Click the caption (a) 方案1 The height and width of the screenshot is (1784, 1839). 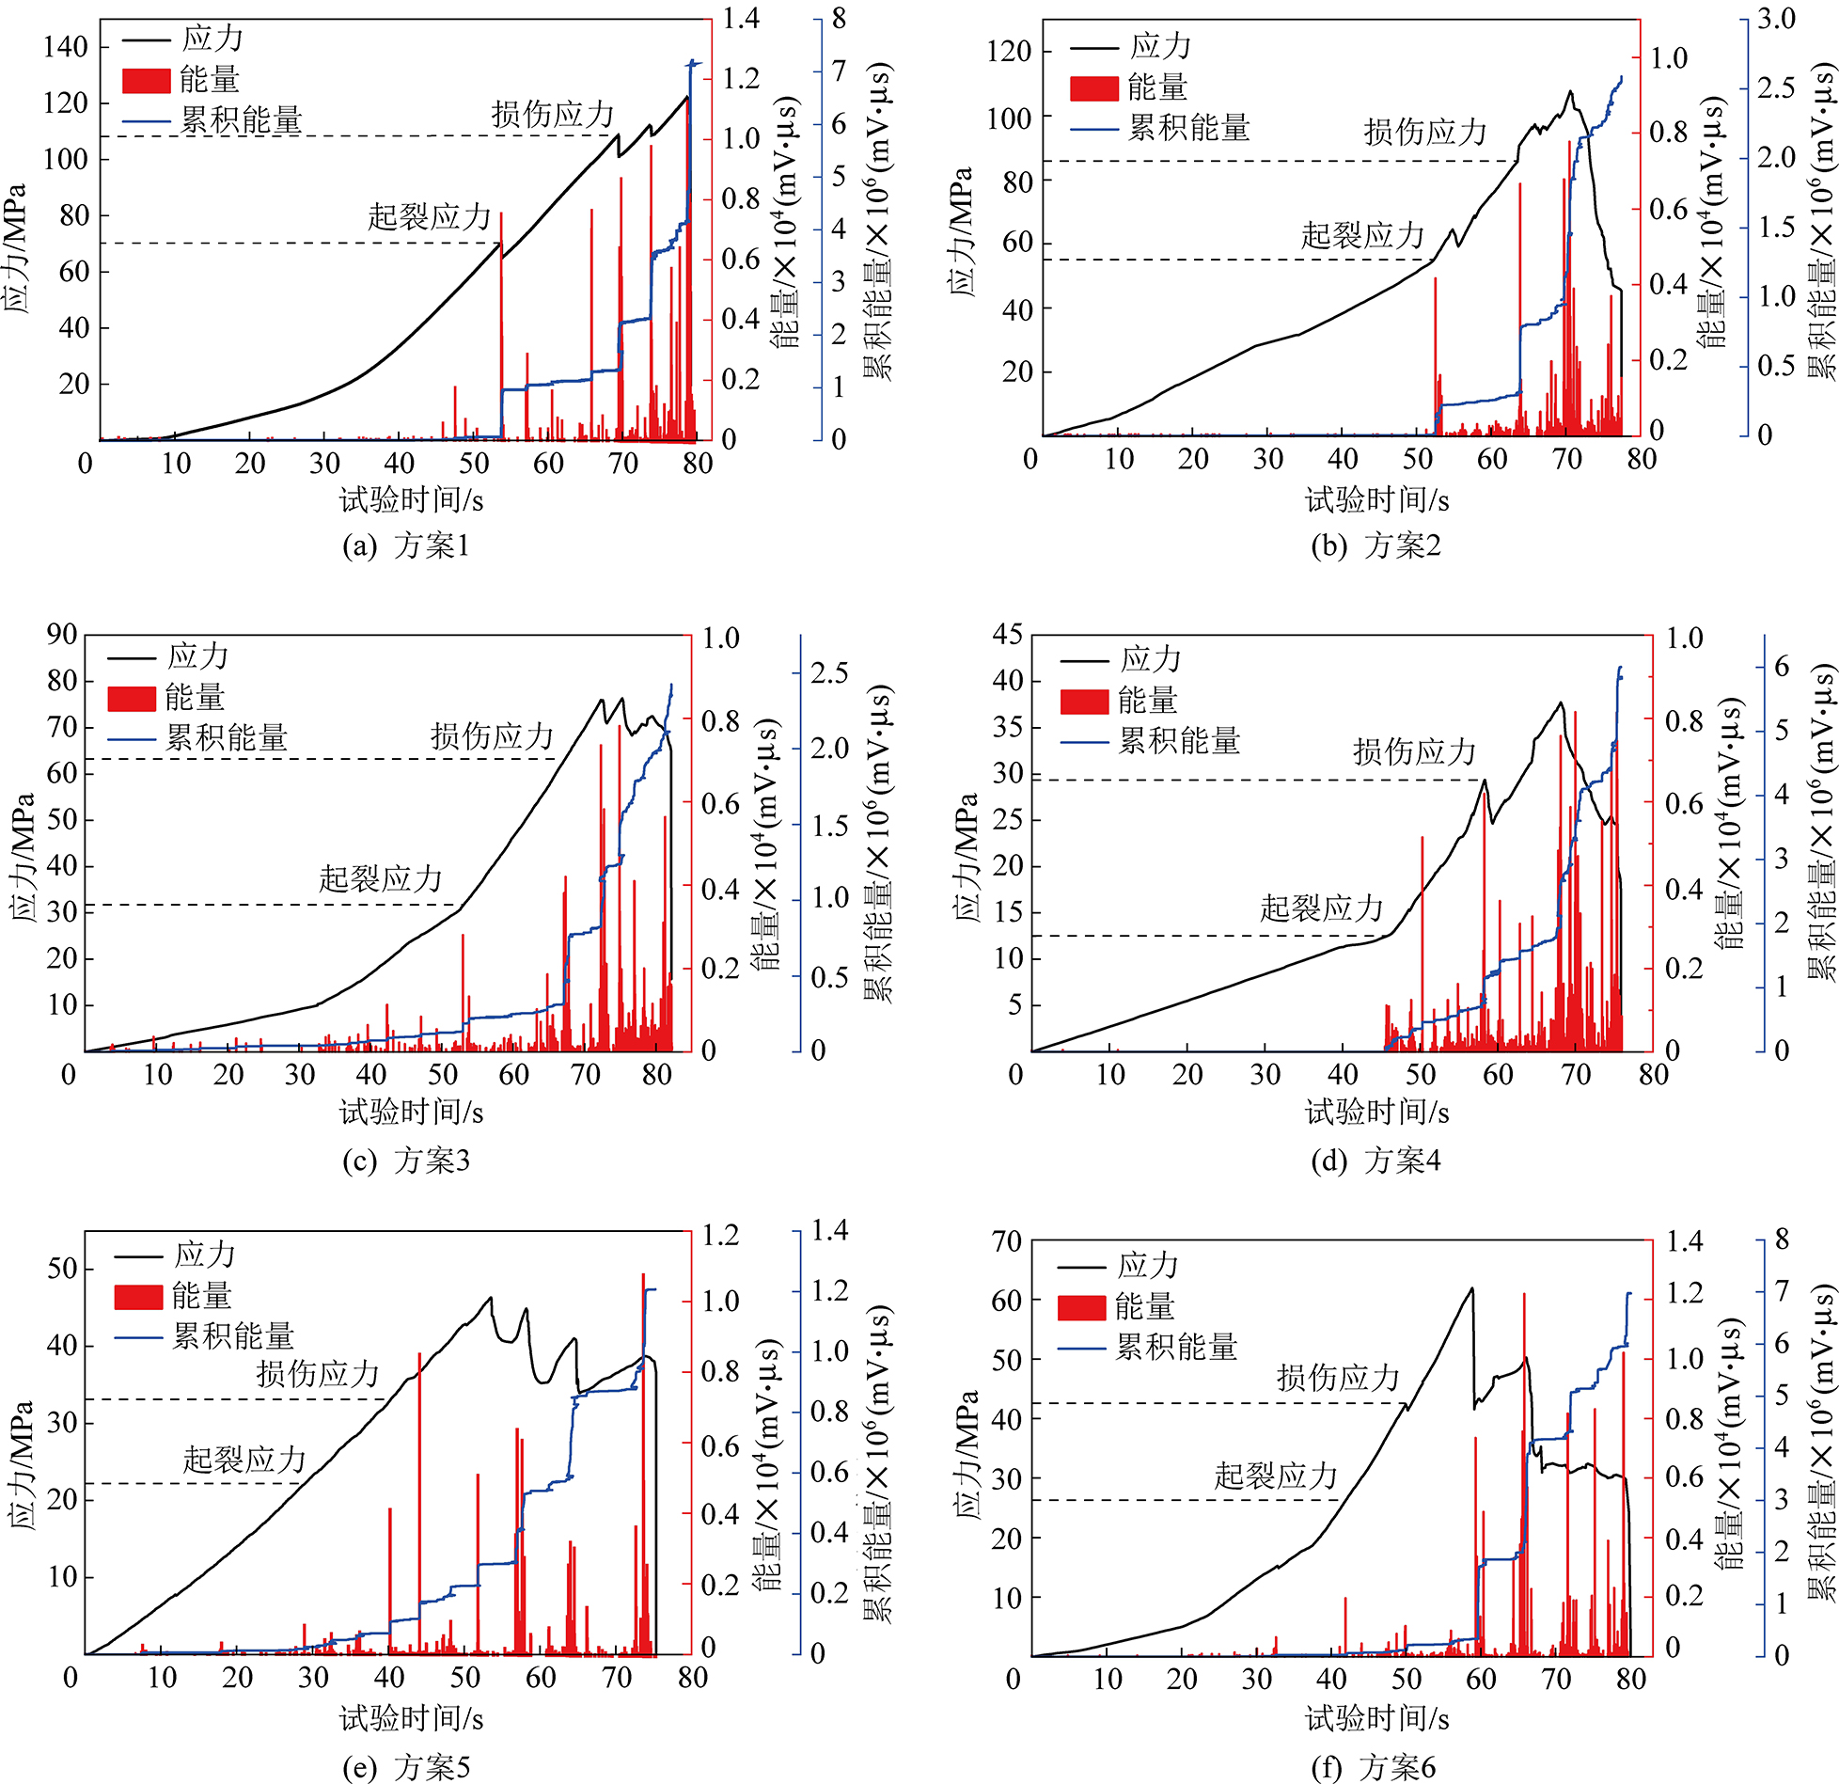(405, 545)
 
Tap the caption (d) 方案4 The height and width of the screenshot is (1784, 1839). (1375, 1160)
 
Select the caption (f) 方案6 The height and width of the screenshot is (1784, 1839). (1373, 1767)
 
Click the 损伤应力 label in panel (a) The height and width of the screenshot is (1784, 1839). (552, 115)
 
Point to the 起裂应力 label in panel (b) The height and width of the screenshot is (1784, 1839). (1362, 235)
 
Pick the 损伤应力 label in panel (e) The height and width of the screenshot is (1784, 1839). (318, 1374)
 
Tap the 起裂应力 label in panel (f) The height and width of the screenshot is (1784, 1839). (1276, 1476)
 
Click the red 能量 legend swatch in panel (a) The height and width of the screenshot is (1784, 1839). (146, 80)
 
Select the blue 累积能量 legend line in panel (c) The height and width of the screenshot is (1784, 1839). (132, 739)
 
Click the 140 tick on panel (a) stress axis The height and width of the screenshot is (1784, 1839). (65, 47)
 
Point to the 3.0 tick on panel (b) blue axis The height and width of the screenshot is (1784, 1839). (1776, 19)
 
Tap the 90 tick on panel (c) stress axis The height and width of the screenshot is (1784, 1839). (62, 635)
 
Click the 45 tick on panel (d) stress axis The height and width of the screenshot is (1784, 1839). (1007, 635)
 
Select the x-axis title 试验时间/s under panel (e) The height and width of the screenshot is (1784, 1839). (411, 1718)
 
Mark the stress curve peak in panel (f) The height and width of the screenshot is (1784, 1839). (1471, 1288)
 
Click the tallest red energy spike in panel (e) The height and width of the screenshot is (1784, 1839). (643, 1275)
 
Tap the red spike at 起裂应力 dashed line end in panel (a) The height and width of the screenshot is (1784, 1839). (501, 214)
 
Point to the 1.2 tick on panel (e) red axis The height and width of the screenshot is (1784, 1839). (720, 1235)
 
